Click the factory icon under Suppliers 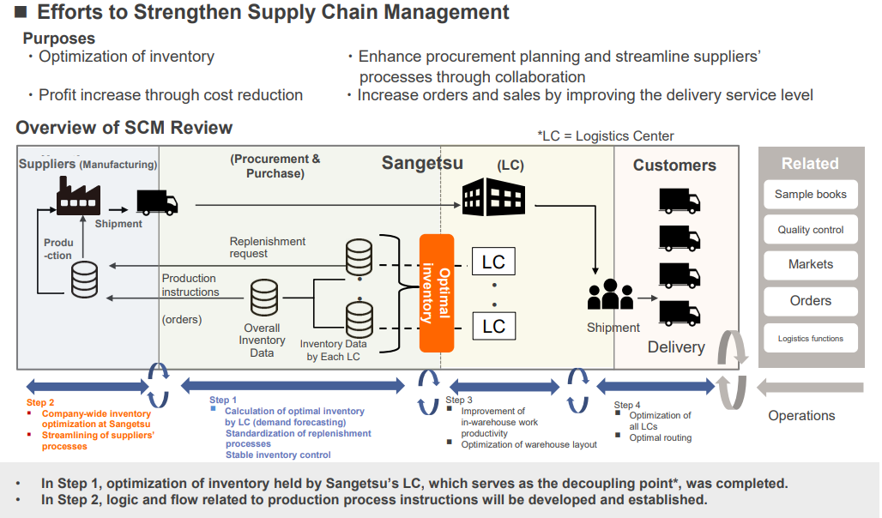click(78, 196)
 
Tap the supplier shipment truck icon click(157, 202)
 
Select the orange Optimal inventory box click(436, 292)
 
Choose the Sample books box click(810, 195)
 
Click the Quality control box click(810, 230)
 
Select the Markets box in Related click(810, 265)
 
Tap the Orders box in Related click(810, 301)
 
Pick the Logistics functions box click(810, 339)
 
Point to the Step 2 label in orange click(40, 403)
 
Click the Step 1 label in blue click(223, 401)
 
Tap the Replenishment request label click(268, 247)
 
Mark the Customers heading click(674, 166)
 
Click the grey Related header click(810, 164)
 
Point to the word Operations click(801, 416)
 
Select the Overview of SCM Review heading click(124, 129)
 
